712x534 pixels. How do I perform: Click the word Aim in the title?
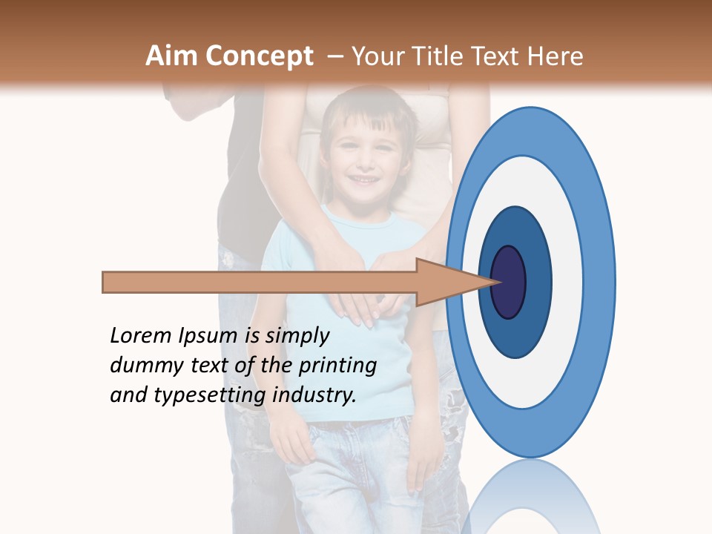pos(171,56)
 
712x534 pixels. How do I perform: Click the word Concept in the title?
pos(259,56)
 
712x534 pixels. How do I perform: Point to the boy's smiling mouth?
pos(363,180)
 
